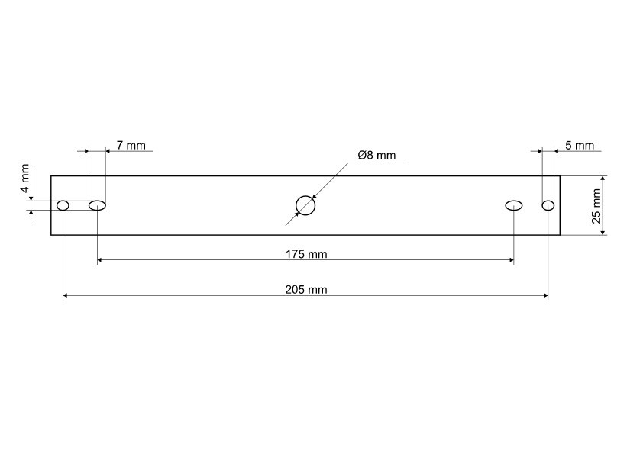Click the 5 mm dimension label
tap(579, 145)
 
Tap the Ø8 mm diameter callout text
tap(376, 156)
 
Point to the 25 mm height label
tap(597, 205)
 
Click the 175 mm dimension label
tap(306, 254)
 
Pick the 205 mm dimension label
tap(306, 289)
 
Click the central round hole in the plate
tap(305, 205)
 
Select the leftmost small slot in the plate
tap(63, 205)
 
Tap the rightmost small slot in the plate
tap(548, 205)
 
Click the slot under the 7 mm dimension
tap(97, 205)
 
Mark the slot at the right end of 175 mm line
tap(514, 205)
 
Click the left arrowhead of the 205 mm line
tap(66, 295)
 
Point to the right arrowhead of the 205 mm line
tap(544, 295)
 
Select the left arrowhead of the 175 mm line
tap(101, 260)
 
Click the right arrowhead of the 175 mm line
tap(510, 260)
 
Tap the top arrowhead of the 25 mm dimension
tap(603, 179)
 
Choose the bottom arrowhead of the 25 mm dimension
tap(603, 231)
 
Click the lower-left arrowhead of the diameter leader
tap(289, 222)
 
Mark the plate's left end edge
tap(51, 205)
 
